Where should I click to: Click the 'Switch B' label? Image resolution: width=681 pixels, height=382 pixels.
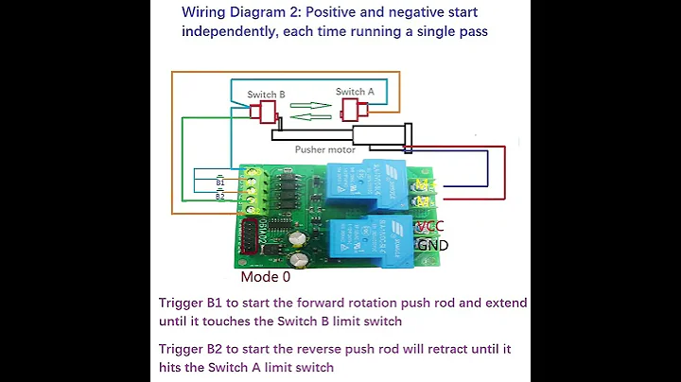266,95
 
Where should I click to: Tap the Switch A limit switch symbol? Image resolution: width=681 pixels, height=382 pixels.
351,109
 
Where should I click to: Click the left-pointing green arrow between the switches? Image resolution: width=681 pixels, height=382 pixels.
308,117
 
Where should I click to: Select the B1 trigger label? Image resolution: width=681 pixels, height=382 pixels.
219,183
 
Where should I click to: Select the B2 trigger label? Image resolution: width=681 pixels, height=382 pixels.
219,197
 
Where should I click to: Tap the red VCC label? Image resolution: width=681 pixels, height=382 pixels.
428,228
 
